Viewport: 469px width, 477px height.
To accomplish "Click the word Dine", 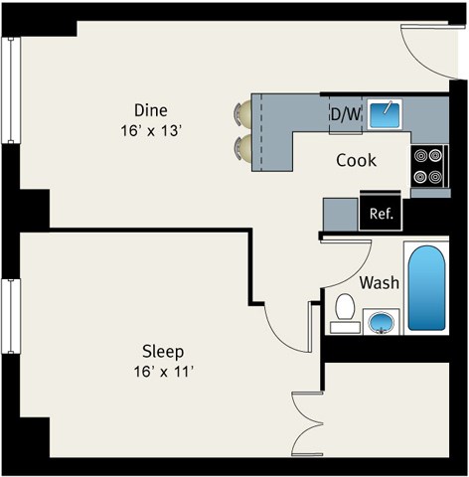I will [x=151, y=110].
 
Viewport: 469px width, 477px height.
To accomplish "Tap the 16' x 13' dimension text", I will [x=151, y=129].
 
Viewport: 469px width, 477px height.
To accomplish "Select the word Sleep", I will [x=163, y=352].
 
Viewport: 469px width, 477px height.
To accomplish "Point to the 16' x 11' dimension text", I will [x=163, y=371].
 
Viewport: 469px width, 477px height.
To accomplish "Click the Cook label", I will [x=355, y=160].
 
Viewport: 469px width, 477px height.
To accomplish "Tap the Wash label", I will [x=379, y=283].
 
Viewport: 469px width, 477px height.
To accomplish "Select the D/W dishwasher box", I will [x=345, y=114].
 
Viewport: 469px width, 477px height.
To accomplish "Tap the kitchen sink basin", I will [x=385, y=114].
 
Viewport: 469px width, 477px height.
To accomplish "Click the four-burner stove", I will [x=428, y=166].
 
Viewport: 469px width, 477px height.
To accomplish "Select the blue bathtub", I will [x=427, y=289].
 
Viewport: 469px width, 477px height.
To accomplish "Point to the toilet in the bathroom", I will [x=346, y=310].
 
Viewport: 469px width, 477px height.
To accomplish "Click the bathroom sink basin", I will [x=382, y=322].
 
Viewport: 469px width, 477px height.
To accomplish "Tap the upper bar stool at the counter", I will [x=242, y=115].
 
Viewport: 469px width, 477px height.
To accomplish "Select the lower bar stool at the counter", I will [x=242, y=148].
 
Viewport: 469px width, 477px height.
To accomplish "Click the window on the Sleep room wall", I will [x=10, y=316].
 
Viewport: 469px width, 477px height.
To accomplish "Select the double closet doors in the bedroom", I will [x=306, y=424].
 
